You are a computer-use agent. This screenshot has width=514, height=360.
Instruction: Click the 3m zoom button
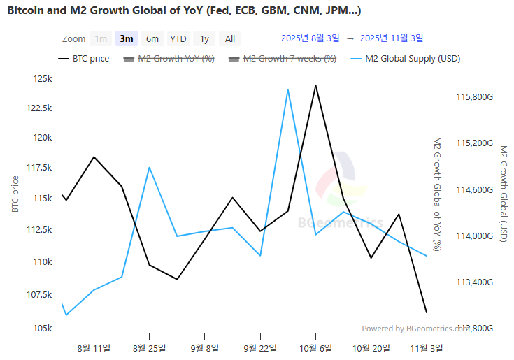click(127, 39)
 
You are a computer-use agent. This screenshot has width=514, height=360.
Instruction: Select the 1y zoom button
click(204, 39)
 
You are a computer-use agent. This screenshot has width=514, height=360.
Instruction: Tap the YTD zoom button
click(178, 39)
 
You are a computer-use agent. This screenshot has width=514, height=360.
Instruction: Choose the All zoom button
click(230, 39)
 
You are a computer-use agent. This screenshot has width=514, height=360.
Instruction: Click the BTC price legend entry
click(83, 59)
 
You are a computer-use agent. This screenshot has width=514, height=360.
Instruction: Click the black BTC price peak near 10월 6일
click(315, 86)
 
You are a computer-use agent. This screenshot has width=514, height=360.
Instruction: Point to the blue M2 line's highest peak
click(287, 89)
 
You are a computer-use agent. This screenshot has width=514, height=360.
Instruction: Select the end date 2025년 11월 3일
click(391, 38)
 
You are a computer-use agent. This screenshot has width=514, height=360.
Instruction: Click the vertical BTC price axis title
click(15, 194)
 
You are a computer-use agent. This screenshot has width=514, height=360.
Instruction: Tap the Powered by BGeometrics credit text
click(413, 329)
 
